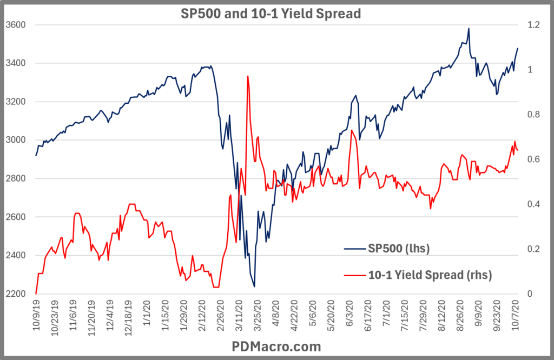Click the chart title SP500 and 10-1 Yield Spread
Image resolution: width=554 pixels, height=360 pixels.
click(270, 13)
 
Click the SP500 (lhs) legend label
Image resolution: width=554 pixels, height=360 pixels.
click(399, 248)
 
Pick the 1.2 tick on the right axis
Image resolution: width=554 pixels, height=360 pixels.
click(533, 25)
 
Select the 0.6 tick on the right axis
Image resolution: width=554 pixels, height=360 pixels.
click(533, 159)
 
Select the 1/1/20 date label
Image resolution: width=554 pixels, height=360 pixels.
click(147, 314)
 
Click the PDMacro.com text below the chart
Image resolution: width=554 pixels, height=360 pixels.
click(276, 346)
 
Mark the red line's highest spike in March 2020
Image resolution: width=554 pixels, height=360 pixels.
click(247, 76)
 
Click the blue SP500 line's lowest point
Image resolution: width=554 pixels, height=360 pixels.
click(254, 286)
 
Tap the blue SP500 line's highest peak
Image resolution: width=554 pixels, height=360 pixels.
click(468, 29)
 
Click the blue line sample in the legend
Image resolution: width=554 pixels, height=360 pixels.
click(354, 248)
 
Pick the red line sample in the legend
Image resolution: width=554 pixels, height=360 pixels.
click(354, 275)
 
